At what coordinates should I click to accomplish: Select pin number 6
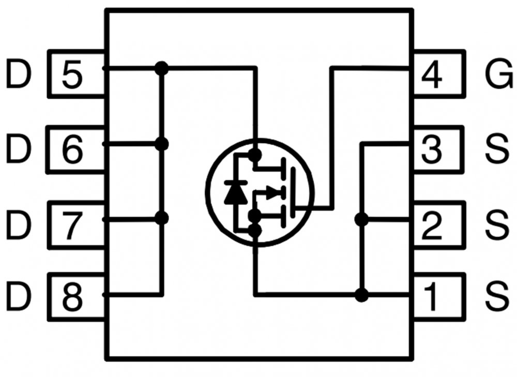[72, 150]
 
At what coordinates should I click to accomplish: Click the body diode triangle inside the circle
[235, 192]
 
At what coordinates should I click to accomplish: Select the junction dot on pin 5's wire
[162, 68]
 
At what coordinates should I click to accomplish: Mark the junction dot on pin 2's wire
[361, 219]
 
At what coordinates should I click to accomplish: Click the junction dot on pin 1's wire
[361, 295]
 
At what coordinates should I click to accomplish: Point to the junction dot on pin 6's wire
[162, 144]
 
